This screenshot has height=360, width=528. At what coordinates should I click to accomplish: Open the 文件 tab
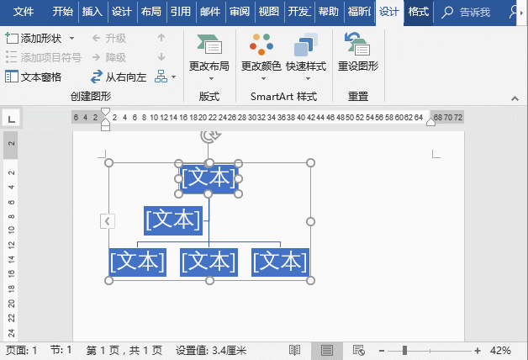click(24, 12)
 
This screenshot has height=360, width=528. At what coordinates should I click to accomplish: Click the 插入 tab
click(92, 12)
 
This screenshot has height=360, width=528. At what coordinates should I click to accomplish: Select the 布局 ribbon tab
click(150, 12)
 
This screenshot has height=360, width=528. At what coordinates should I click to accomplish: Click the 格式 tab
click(418, 12)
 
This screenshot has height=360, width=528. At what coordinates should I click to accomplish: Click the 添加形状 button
click(40, 39)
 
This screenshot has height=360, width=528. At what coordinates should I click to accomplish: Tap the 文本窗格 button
click(34, 77)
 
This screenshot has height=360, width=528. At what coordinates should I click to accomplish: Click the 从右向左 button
click(118, 77)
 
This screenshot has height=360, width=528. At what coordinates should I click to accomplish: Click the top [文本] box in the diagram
click(209, 177)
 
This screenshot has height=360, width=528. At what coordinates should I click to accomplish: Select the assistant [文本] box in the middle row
click(173, 220)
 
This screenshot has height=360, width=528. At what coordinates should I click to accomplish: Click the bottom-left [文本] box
click(137, 262)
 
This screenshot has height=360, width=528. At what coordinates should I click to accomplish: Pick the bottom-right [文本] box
click(280, 262)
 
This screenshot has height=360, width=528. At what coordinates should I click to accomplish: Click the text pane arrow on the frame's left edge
click(108, 220)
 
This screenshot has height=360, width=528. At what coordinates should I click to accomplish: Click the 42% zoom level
click(500, 350)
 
